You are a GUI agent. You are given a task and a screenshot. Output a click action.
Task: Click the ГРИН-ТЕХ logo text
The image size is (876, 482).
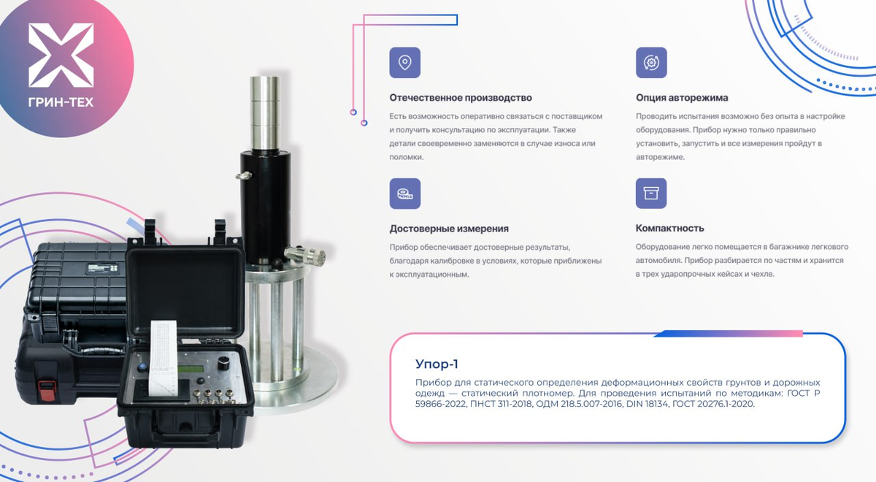(61, 102)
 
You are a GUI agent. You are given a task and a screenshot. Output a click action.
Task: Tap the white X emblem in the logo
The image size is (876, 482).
(61, 55)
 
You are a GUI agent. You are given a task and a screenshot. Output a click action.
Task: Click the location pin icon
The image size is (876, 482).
(404, 63)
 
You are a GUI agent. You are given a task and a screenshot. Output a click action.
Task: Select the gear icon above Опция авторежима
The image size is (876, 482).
(651, 63)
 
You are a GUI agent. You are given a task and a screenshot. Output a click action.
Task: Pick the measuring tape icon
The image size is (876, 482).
(404, 194)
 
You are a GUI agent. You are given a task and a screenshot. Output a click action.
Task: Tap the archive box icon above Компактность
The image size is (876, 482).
(651, 194)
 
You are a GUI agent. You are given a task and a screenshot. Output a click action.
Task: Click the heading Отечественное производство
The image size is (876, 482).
(461, 98)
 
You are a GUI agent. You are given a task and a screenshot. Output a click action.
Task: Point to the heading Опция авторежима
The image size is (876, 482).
(682, 98)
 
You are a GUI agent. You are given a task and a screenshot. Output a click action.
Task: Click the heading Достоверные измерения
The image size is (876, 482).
(449, 229)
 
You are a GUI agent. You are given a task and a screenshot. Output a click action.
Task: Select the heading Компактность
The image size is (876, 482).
(669, 228)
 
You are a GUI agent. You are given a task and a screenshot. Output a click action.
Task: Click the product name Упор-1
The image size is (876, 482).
(437, 364)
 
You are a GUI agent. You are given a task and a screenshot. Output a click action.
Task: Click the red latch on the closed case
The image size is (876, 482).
(47, 391)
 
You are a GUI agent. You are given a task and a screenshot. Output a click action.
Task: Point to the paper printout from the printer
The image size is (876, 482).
(164, 357)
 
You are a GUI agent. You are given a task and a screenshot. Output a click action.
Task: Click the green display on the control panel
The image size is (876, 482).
(191, 370)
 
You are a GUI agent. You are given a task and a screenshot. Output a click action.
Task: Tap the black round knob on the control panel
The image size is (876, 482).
(224, 363)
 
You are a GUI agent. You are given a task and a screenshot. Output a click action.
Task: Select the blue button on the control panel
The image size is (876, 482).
(142, 367)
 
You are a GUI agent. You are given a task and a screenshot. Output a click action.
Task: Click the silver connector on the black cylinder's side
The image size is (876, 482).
(305, 255)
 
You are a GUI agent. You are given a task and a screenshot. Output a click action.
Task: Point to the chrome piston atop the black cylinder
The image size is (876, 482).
(265, 112)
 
